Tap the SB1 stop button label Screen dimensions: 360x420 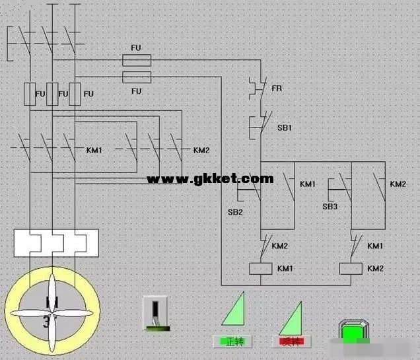pos(285,127)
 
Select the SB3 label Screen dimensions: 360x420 pos(330,207)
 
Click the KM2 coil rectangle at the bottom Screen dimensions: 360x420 pos(350,268)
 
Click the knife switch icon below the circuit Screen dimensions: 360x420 pos(156,314)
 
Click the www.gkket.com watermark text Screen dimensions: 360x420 pos(209,178)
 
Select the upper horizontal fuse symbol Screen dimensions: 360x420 pos(137,61)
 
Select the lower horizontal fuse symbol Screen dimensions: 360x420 pos(137,77)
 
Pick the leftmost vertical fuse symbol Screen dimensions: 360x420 pos(29,94)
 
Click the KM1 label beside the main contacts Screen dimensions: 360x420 pos(94,151)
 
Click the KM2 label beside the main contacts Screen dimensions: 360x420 pos(201,151)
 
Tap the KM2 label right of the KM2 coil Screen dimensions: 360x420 pos(375,268)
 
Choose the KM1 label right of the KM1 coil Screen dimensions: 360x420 pos(285,268)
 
